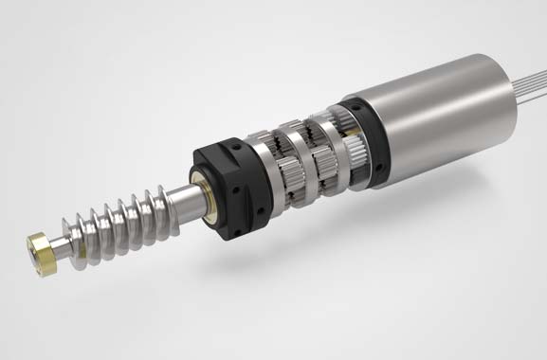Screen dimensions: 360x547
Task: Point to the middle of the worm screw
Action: pyautogui.click(x=114, y=216)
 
